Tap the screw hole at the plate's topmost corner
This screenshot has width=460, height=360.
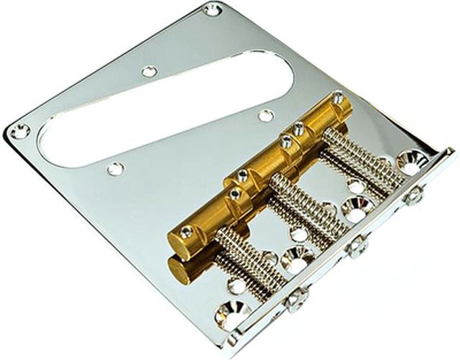pyautogui.click(x=211, y=10)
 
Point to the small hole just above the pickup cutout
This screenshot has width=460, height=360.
pyautogui.click(x=149, y=71)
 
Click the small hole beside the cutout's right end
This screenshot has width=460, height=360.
pyautogui.click(x=265, y=115)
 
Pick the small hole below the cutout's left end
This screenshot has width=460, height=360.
pyautogui.click(x=114, y=168)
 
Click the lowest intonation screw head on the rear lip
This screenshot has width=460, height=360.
pyautogui.click(x=295, y=298)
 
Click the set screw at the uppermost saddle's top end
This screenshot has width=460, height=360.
pyautogui.click(x=338, y=96)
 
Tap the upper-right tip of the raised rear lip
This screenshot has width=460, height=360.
pyautogui.click(x=450, y=152)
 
